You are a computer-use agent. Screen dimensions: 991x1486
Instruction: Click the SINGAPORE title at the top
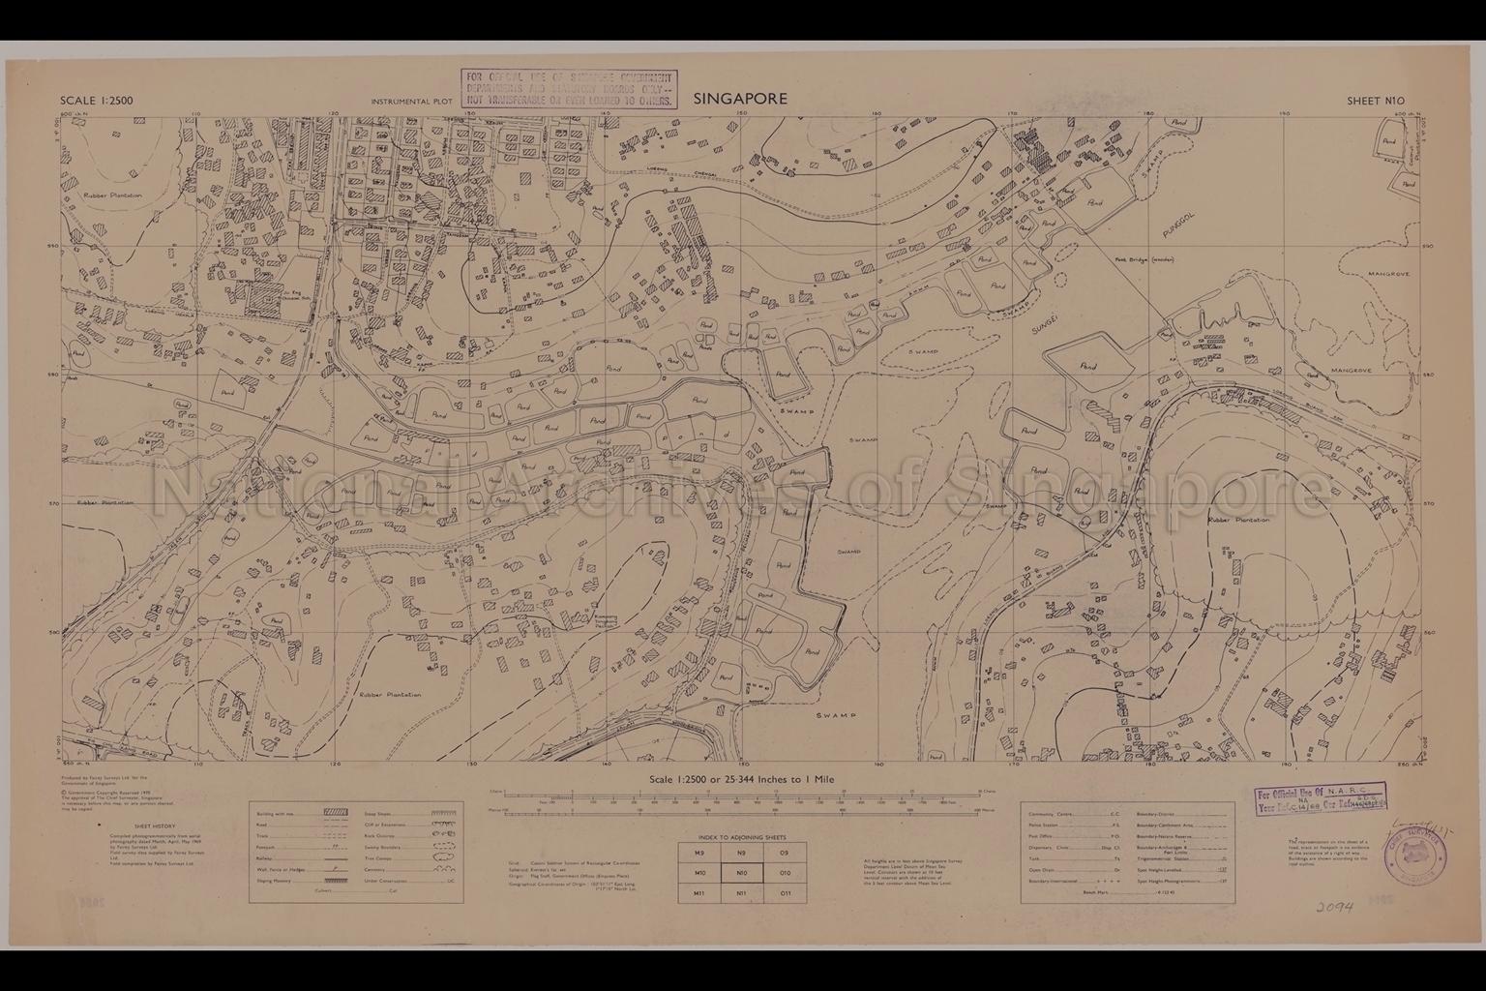coord(739,99)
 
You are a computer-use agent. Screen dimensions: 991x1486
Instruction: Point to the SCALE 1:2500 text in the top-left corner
coord(97,101)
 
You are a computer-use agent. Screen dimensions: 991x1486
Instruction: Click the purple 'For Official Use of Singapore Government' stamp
coord(568,88)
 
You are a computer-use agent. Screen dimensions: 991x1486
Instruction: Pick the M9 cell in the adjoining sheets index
coord(699,853)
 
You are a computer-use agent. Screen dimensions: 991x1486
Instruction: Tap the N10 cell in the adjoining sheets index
coord(741,873)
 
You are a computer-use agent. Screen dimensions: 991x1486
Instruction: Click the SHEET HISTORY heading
coord(126,827)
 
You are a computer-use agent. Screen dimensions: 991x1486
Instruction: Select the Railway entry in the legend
coord(266,856)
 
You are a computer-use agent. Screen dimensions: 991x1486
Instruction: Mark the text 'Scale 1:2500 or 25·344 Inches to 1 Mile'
coord(741,779)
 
